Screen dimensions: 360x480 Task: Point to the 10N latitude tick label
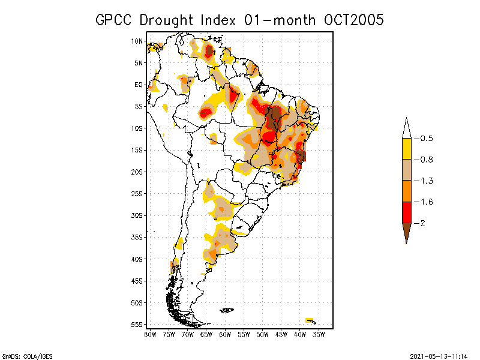pos(137,41)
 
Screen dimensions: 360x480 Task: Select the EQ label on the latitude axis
pos(139,85)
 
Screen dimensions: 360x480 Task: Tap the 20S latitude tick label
pos(137,172)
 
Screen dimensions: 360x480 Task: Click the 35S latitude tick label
pos(137,237)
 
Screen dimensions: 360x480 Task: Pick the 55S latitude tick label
pos(137,325)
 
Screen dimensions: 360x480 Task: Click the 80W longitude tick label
pos(151,334)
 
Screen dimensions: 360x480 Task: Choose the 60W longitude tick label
pos(226,334)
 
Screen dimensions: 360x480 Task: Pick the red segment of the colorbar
pos(406,212)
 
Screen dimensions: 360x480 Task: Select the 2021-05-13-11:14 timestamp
pos(439,356)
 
